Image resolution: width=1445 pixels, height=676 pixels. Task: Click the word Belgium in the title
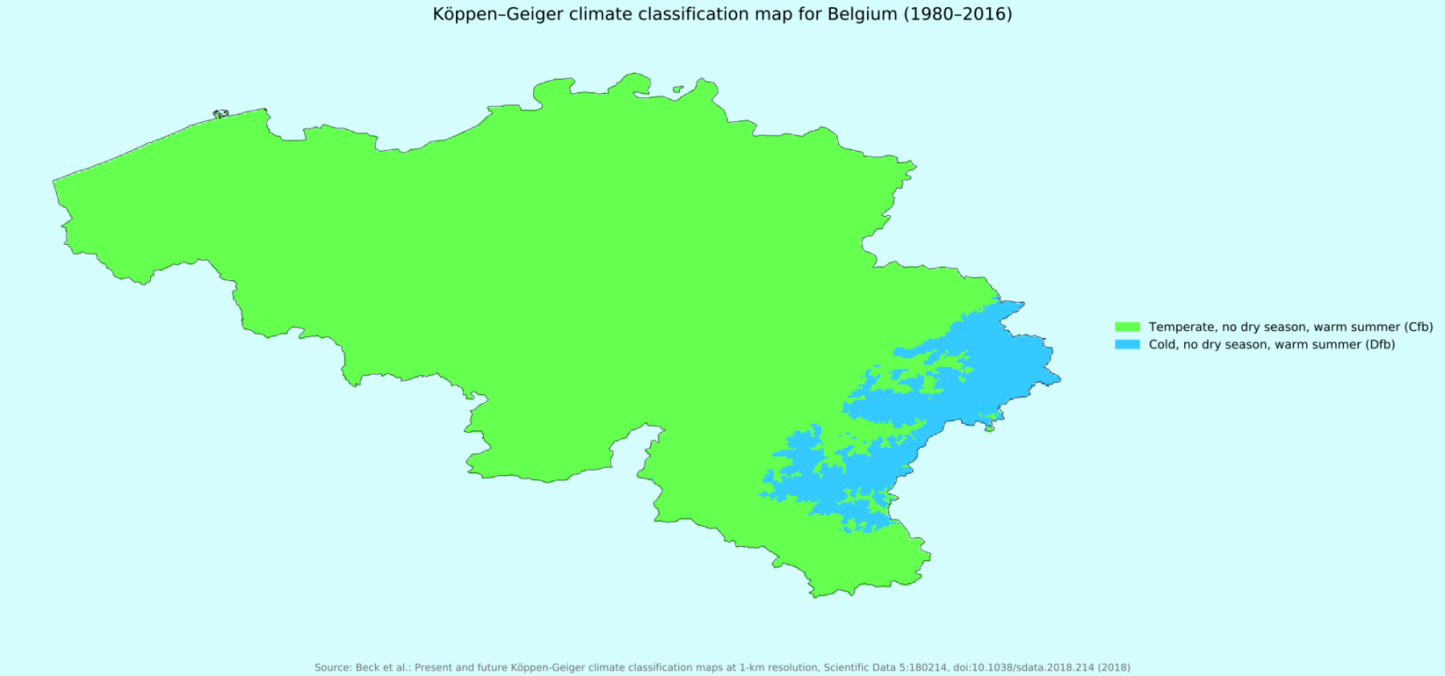862,14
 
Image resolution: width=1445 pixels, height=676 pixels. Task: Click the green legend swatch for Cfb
1127,327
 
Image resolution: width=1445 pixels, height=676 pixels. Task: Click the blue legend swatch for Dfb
1127,344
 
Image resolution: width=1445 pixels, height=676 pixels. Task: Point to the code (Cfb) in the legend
1419,327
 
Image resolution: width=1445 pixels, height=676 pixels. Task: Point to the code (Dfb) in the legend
1381,344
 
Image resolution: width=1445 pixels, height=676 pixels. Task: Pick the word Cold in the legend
1163,344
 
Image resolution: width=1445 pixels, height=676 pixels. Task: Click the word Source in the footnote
332,667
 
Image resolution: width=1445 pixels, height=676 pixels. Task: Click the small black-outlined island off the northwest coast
221,114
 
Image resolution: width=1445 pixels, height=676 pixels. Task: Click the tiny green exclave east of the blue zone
990,429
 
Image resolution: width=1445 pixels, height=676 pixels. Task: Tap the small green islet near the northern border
678,89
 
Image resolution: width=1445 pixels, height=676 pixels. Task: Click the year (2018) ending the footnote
1114,667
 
